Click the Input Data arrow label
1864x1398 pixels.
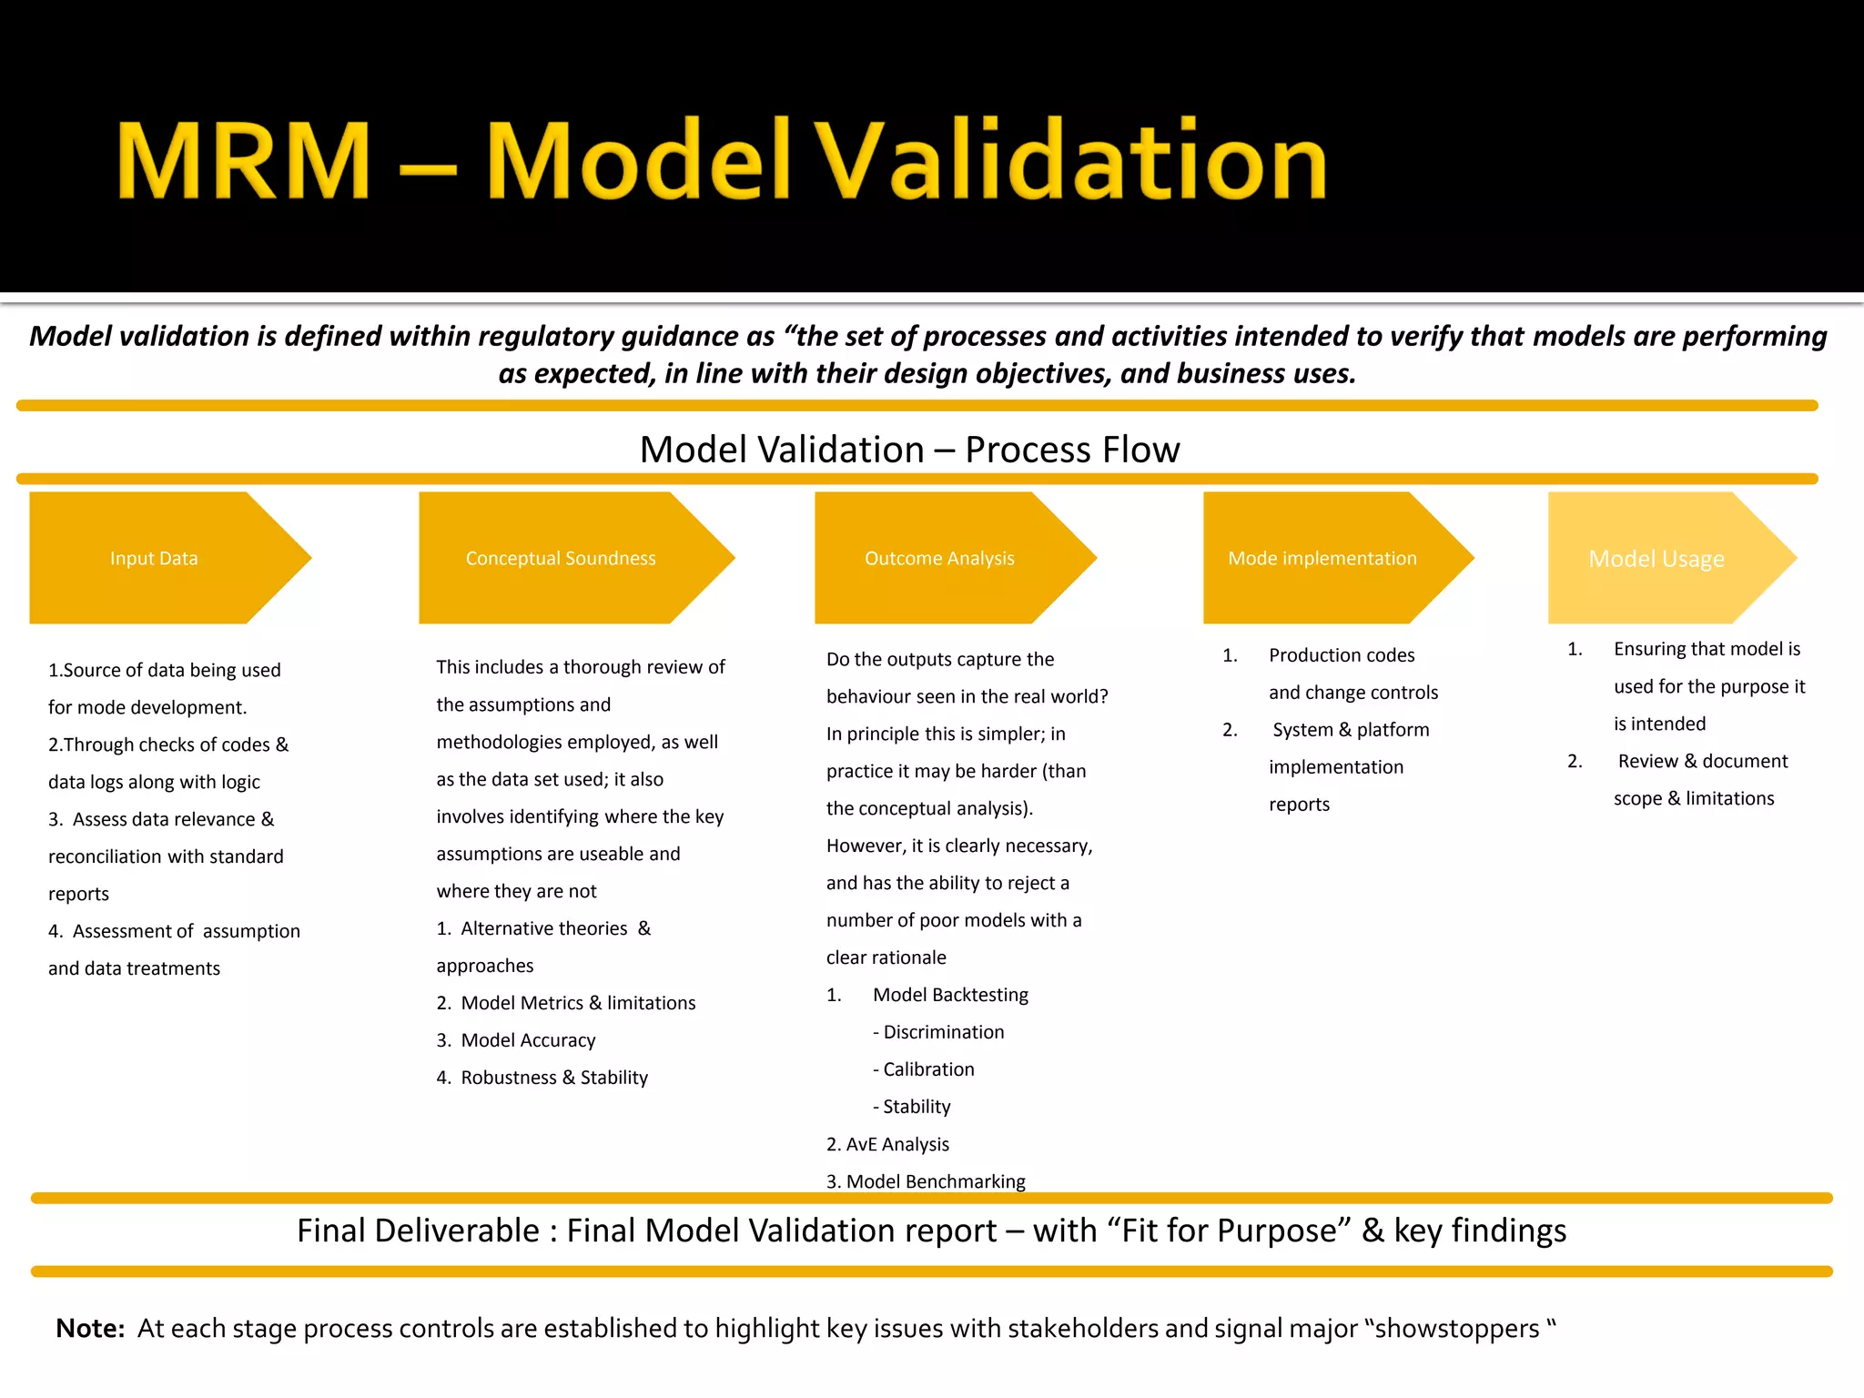[154, 558]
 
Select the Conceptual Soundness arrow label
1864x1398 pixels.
[561, 558]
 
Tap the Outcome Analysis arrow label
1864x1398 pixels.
[939, 558]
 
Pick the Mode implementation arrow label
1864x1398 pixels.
[1322, 558]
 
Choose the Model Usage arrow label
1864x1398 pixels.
[1656, 559]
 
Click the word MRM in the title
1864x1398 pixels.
[244, 161]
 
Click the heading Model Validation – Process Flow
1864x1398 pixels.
[909, 450]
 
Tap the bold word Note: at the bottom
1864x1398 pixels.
[90, 1329]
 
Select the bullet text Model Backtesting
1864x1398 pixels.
[950, 995]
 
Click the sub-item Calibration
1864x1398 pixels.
[928, 1069]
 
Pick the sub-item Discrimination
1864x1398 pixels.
[944, 1032]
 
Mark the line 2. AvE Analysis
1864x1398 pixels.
[887, 1144]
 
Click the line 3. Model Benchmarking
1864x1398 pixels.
[926, 1181]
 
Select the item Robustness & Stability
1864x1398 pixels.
[554, 1078]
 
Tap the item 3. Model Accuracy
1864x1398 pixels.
[516, 1040]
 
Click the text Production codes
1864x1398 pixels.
[1342, 655]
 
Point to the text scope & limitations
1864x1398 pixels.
[1694, 798]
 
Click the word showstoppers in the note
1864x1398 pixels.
[1456, 1329]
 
